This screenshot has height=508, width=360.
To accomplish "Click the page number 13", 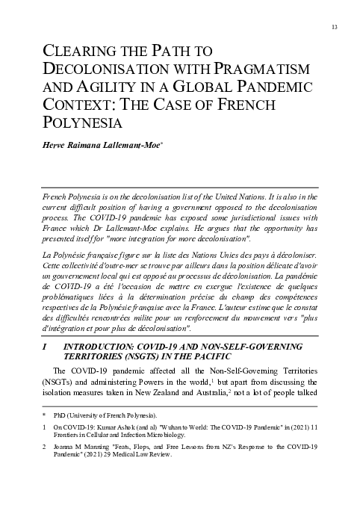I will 334,28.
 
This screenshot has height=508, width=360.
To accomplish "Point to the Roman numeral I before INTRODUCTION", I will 46,347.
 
